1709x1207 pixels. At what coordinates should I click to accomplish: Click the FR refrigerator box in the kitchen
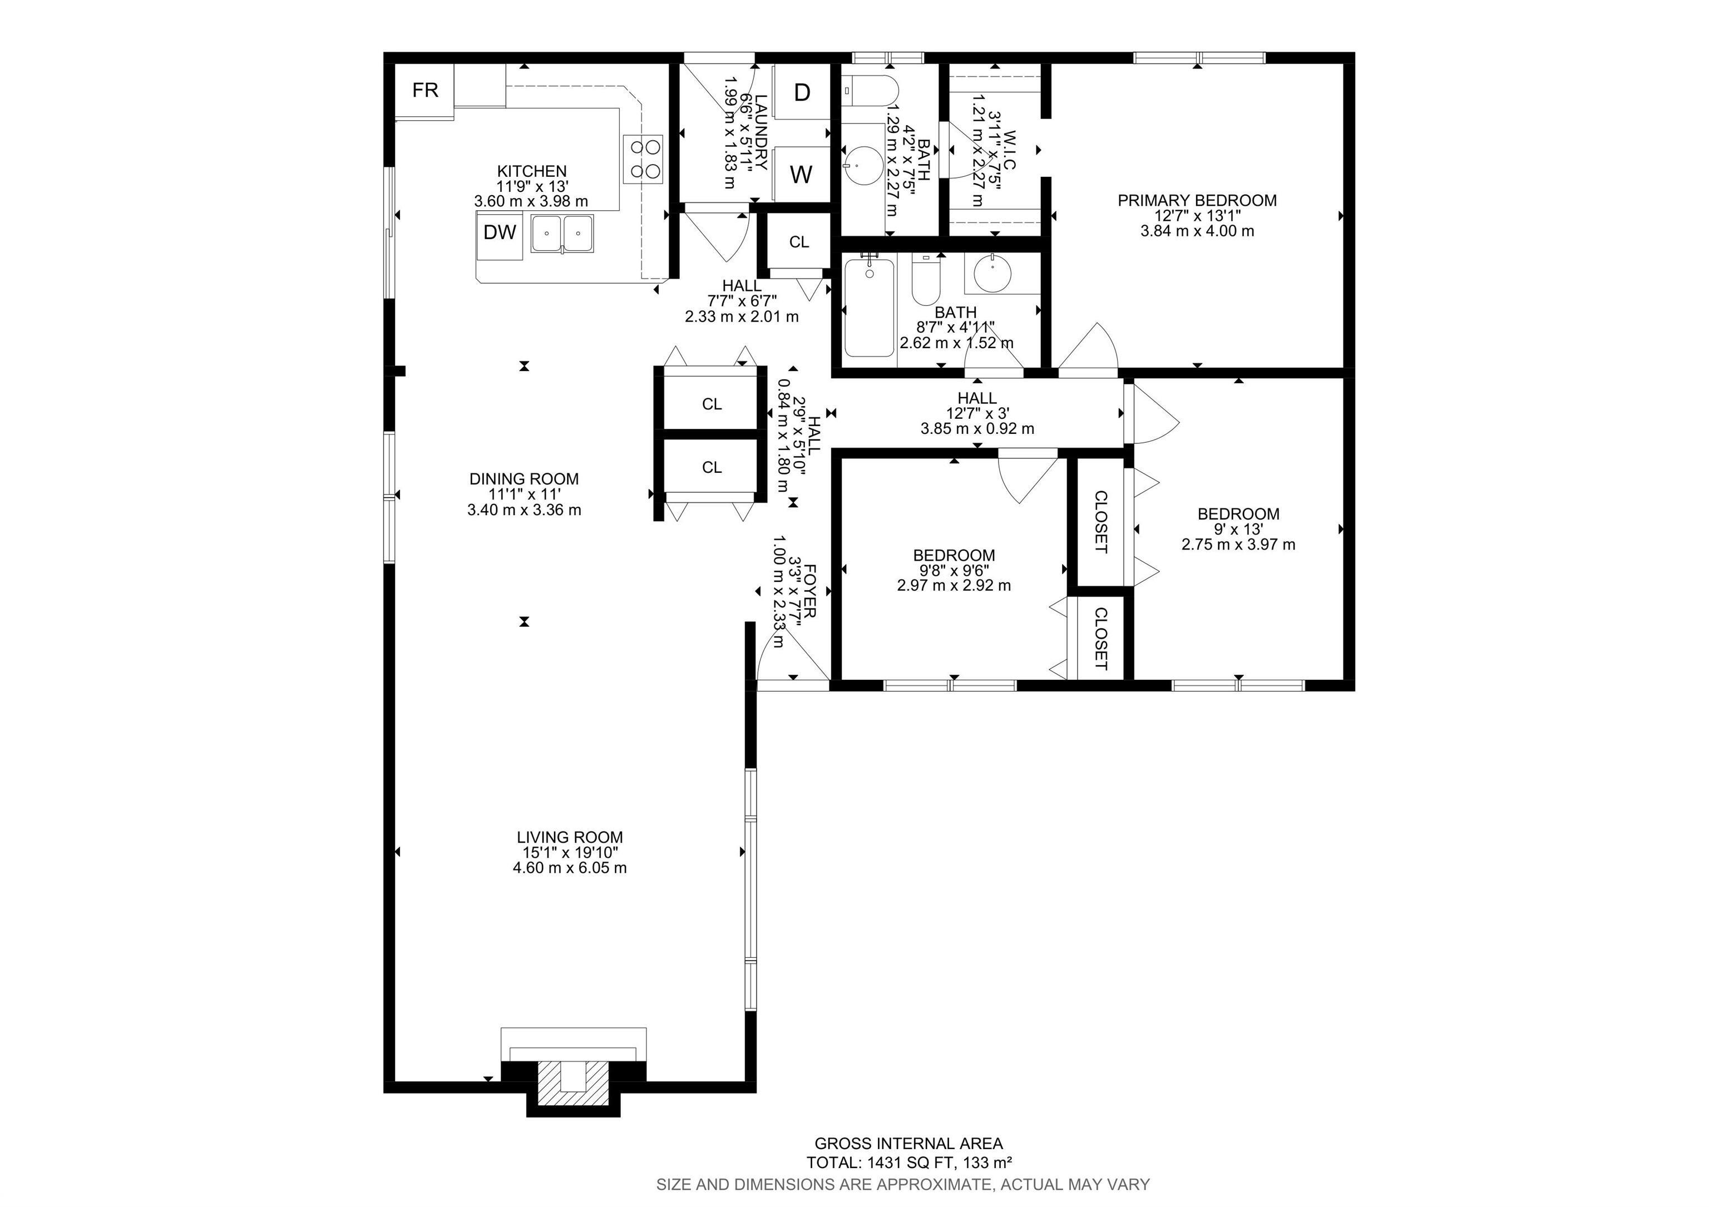(x=425, y=91)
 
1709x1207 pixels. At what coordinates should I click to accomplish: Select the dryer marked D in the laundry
(x=802, y=92)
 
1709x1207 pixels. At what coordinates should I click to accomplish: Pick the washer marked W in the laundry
(x=801, y=175)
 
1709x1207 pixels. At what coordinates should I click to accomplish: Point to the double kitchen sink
(x=562, y=233)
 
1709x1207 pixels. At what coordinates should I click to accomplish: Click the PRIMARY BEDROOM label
(x=1197, y=200)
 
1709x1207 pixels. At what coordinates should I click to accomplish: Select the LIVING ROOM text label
(x=570, y=837)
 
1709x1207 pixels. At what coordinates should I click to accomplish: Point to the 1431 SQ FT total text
(x=908, y=1163)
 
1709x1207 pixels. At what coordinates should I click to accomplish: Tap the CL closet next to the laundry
(x=799, y=242)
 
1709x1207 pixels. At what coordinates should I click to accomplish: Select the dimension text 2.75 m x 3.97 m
(x=1238, y=545)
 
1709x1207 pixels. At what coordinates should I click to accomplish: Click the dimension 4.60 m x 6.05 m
(x=570, y=868)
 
